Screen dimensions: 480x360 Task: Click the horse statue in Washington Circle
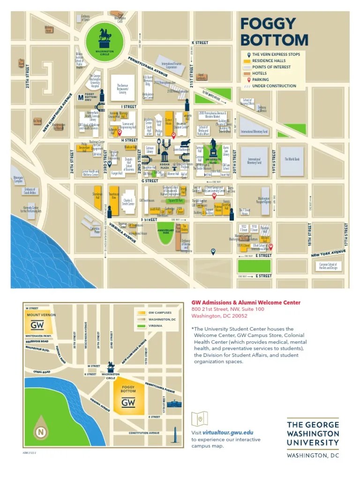105,36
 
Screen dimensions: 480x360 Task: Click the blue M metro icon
80,98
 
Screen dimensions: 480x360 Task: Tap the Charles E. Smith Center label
128,202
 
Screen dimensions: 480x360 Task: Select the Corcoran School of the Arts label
329,266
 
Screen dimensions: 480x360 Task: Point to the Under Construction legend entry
274,86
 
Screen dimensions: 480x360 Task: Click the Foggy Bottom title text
268,31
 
